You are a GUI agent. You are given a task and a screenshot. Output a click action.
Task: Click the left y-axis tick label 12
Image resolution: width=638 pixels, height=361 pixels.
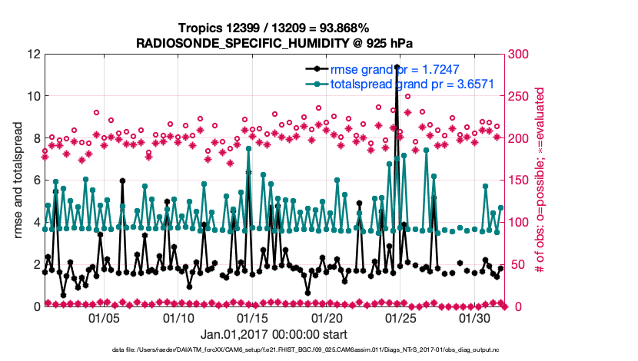33,55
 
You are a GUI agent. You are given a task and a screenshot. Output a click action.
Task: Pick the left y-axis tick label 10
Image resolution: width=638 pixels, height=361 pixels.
33,97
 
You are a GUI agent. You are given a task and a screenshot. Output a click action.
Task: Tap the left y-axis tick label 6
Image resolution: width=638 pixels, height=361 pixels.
36,180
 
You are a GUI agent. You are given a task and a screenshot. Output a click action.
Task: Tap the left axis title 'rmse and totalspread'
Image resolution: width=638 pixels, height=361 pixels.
16,180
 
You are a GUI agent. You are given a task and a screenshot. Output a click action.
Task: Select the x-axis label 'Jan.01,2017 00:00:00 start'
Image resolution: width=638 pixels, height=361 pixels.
274,335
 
